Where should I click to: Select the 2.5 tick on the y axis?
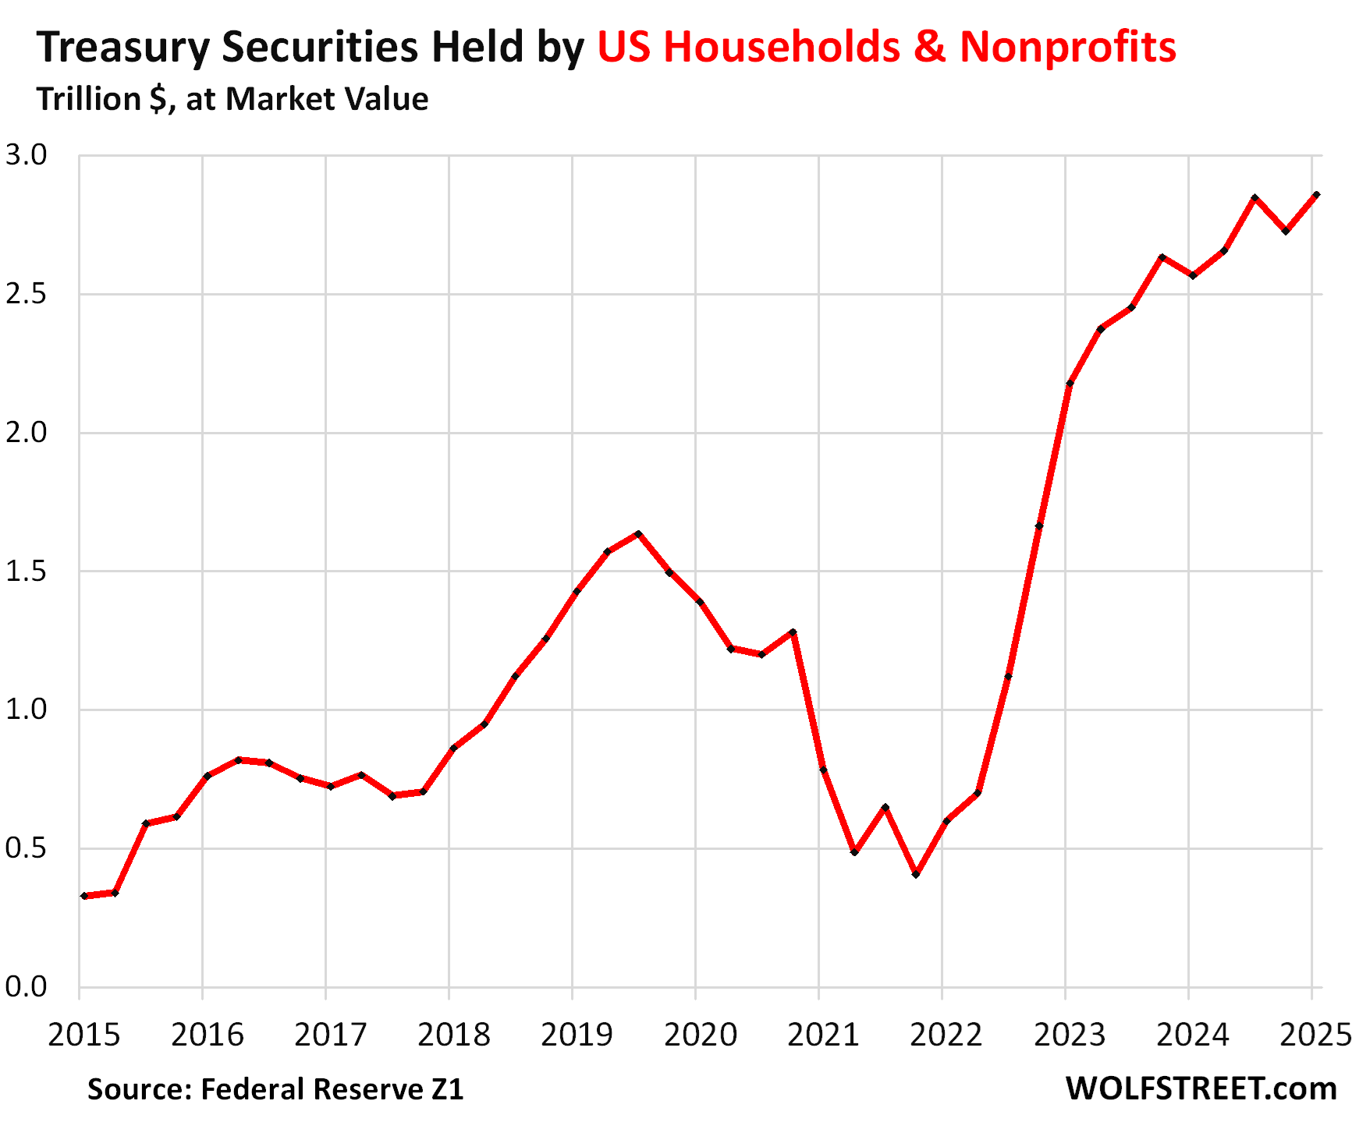(x=26, y=295)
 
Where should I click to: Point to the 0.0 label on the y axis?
(x=26, y=987)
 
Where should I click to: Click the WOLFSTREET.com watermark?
(x=1201, y=1088)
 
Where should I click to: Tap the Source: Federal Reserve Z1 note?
(x=275, y=1089)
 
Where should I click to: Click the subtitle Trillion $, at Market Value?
(x=232, y=100)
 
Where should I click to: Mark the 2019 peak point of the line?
(x=638, y=534)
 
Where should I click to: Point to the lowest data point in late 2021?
(x=916, y=874)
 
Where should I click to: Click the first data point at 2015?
(x=84, y=896)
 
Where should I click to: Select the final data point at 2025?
(x=1316, y=195)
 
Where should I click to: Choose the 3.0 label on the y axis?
(x=26, y=155)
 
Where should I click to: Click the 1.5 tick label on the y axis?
(x=26, y=572)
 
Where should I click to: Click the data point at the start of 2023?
(x=1070, y=384)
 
